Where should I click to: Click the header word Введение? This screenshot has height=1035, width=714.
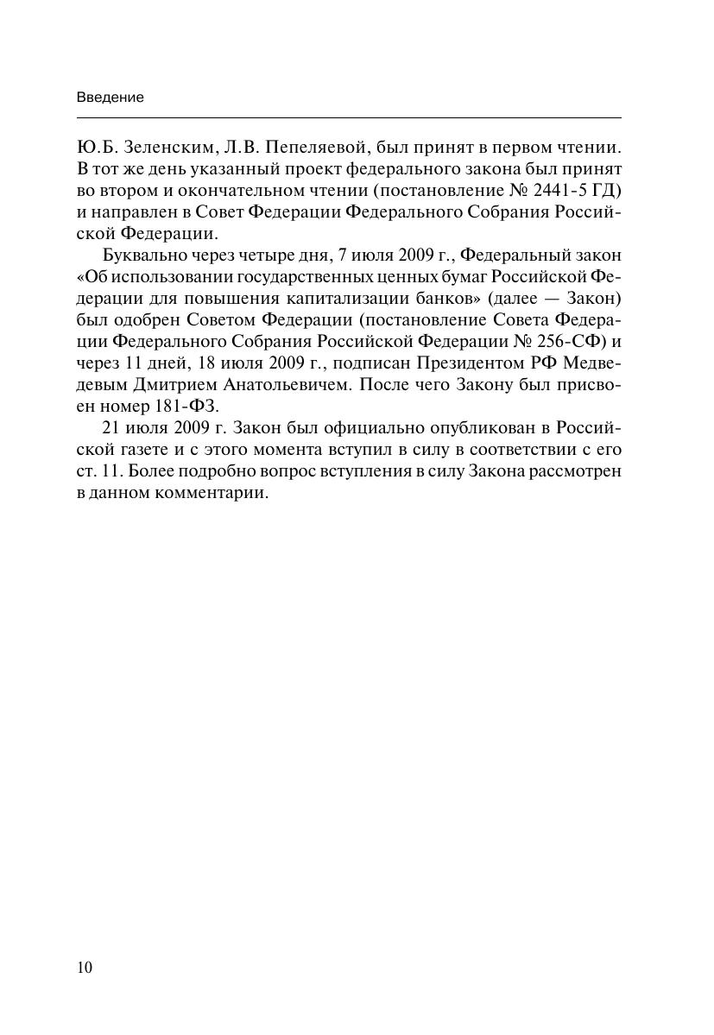(x=111, y=98)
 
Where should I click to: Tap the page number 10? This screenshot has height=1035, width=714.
(x=85, y=967)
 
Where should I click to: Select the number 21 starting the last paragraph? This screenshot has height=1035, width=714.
(x=111, y=428)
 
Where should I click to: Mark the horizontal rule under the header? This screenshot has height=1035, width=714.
(x=349, y=117)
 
